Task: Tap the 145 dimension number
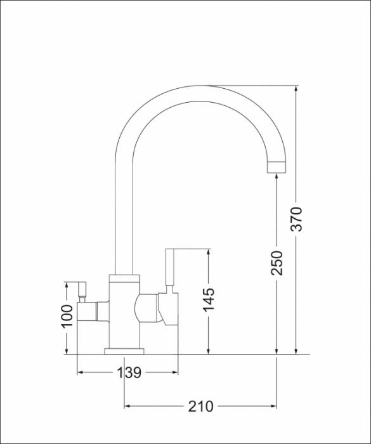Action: point(208,300)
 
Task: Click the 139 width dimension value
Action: point(129,372)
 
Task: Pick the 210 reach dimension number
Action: point(200,405)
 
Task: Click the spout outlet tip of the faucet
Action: point(277,167)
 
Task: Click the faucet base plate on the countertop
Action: point(124,350)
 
